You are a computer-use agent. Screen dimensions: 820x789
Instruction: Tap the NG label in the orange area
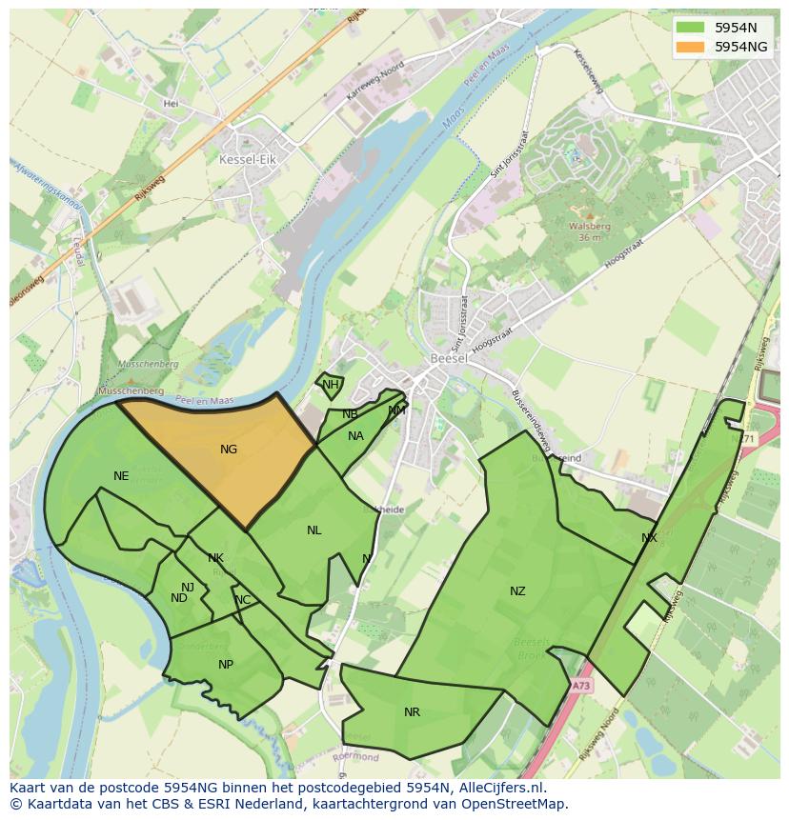[x=229, y=450]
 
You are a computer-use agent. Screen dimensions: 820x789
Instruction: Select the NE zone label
[x=121, y=476]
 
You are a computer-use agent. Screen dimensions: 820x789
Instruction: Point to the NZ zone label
[x=517, y=591]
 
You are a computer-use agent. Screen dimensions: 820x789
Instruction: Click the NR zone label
[x=412, y=712]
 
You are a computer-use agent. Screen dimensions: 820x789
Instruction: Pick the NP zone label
[x=226, y=665]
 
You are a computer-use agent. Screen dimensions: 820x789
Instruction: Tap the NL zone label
[x=314, y=530]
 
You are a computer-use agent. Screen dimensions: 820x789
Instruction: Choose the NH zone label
[x=330, y=385]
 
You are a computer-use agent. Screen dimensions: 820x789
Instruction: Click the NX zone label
[x=649, y=538]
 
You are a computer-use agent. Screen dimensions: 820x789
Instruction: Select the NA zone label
[x=355, y=436]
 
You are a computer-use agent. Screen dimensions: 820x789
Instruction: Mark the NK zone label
[x=215, y=558]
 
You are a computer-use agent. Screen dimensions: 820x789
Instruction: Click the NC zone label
[x=243, y=600]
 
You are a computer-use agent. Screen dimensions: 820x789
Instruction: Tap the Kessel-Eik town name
[x=247, y=160]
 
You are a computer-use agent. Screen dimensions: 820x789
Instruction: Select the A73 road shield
[x=581, y=685]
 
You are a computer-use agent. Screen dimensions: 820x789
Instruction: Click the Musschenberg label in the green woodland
[x=147, y=364]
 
